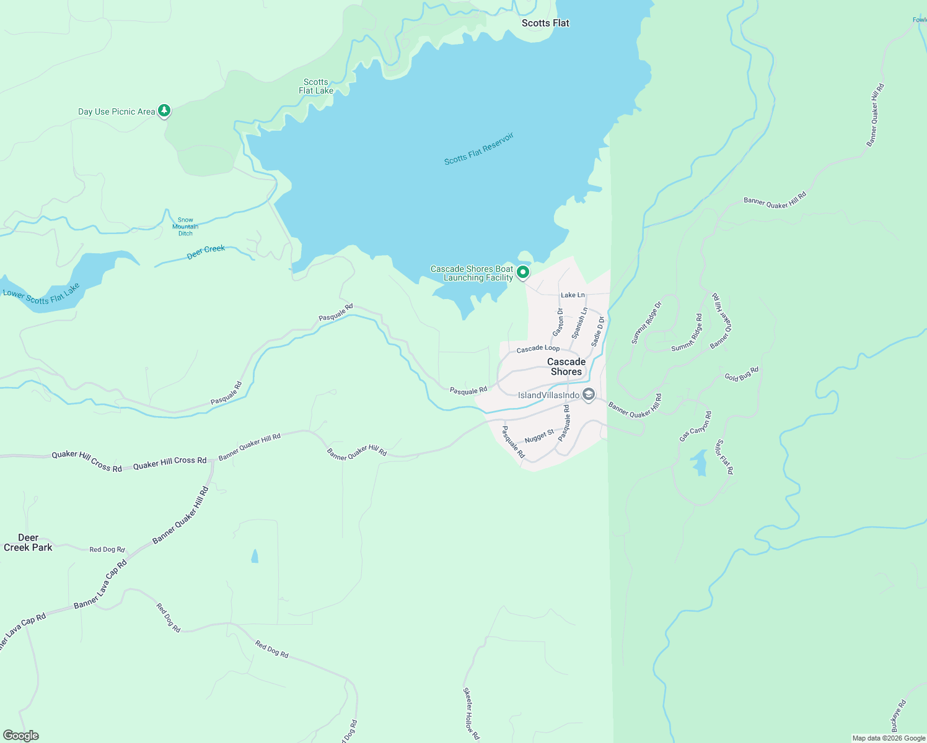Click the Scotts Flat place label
pos(545,23)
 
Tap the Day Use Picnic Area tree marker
pos(164,111)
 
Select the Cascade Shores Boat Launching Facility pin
pos(523,272)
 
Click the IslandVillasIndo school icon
pos(589,394)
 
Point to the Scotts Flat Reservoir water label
pos(479,149)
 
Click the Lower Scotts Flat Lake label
pos(42,297)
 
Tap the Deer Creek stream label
pos(206,252)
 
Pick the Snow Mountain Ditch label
pos(185,227)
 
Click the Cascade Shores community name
pos(566,367)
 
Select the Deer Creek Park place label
pos(28,542)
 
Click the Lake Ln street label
pos(573,295)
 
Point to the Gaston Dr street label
pos(558,322)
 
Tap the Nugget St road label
pos(539,437)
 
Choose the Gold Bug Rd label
pos(741,375)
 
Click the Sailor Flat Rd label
pos(724,457)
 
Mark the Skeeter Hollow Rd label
pos(471,713)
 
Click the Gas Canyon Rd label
pos(695,427)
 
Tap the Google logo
pos(20,736)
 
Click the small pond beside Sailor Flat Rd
pos(700,463)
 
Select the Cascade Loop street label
pos(538,349)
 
